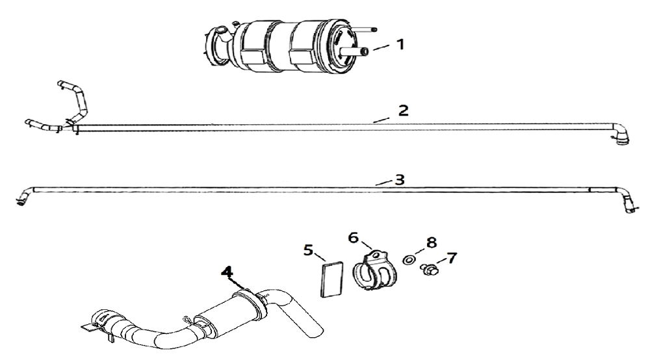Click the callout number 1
(x=400, y=45)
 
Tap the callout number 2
(x=403, y=110)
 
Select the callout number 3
(x=400, y=179)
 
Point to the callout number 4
(x=226, y=272)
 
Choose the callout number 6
(x=354, y=238)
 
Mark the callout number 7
(x=451, y=258)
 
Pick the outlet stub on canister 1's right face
(x=361, y=51)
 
